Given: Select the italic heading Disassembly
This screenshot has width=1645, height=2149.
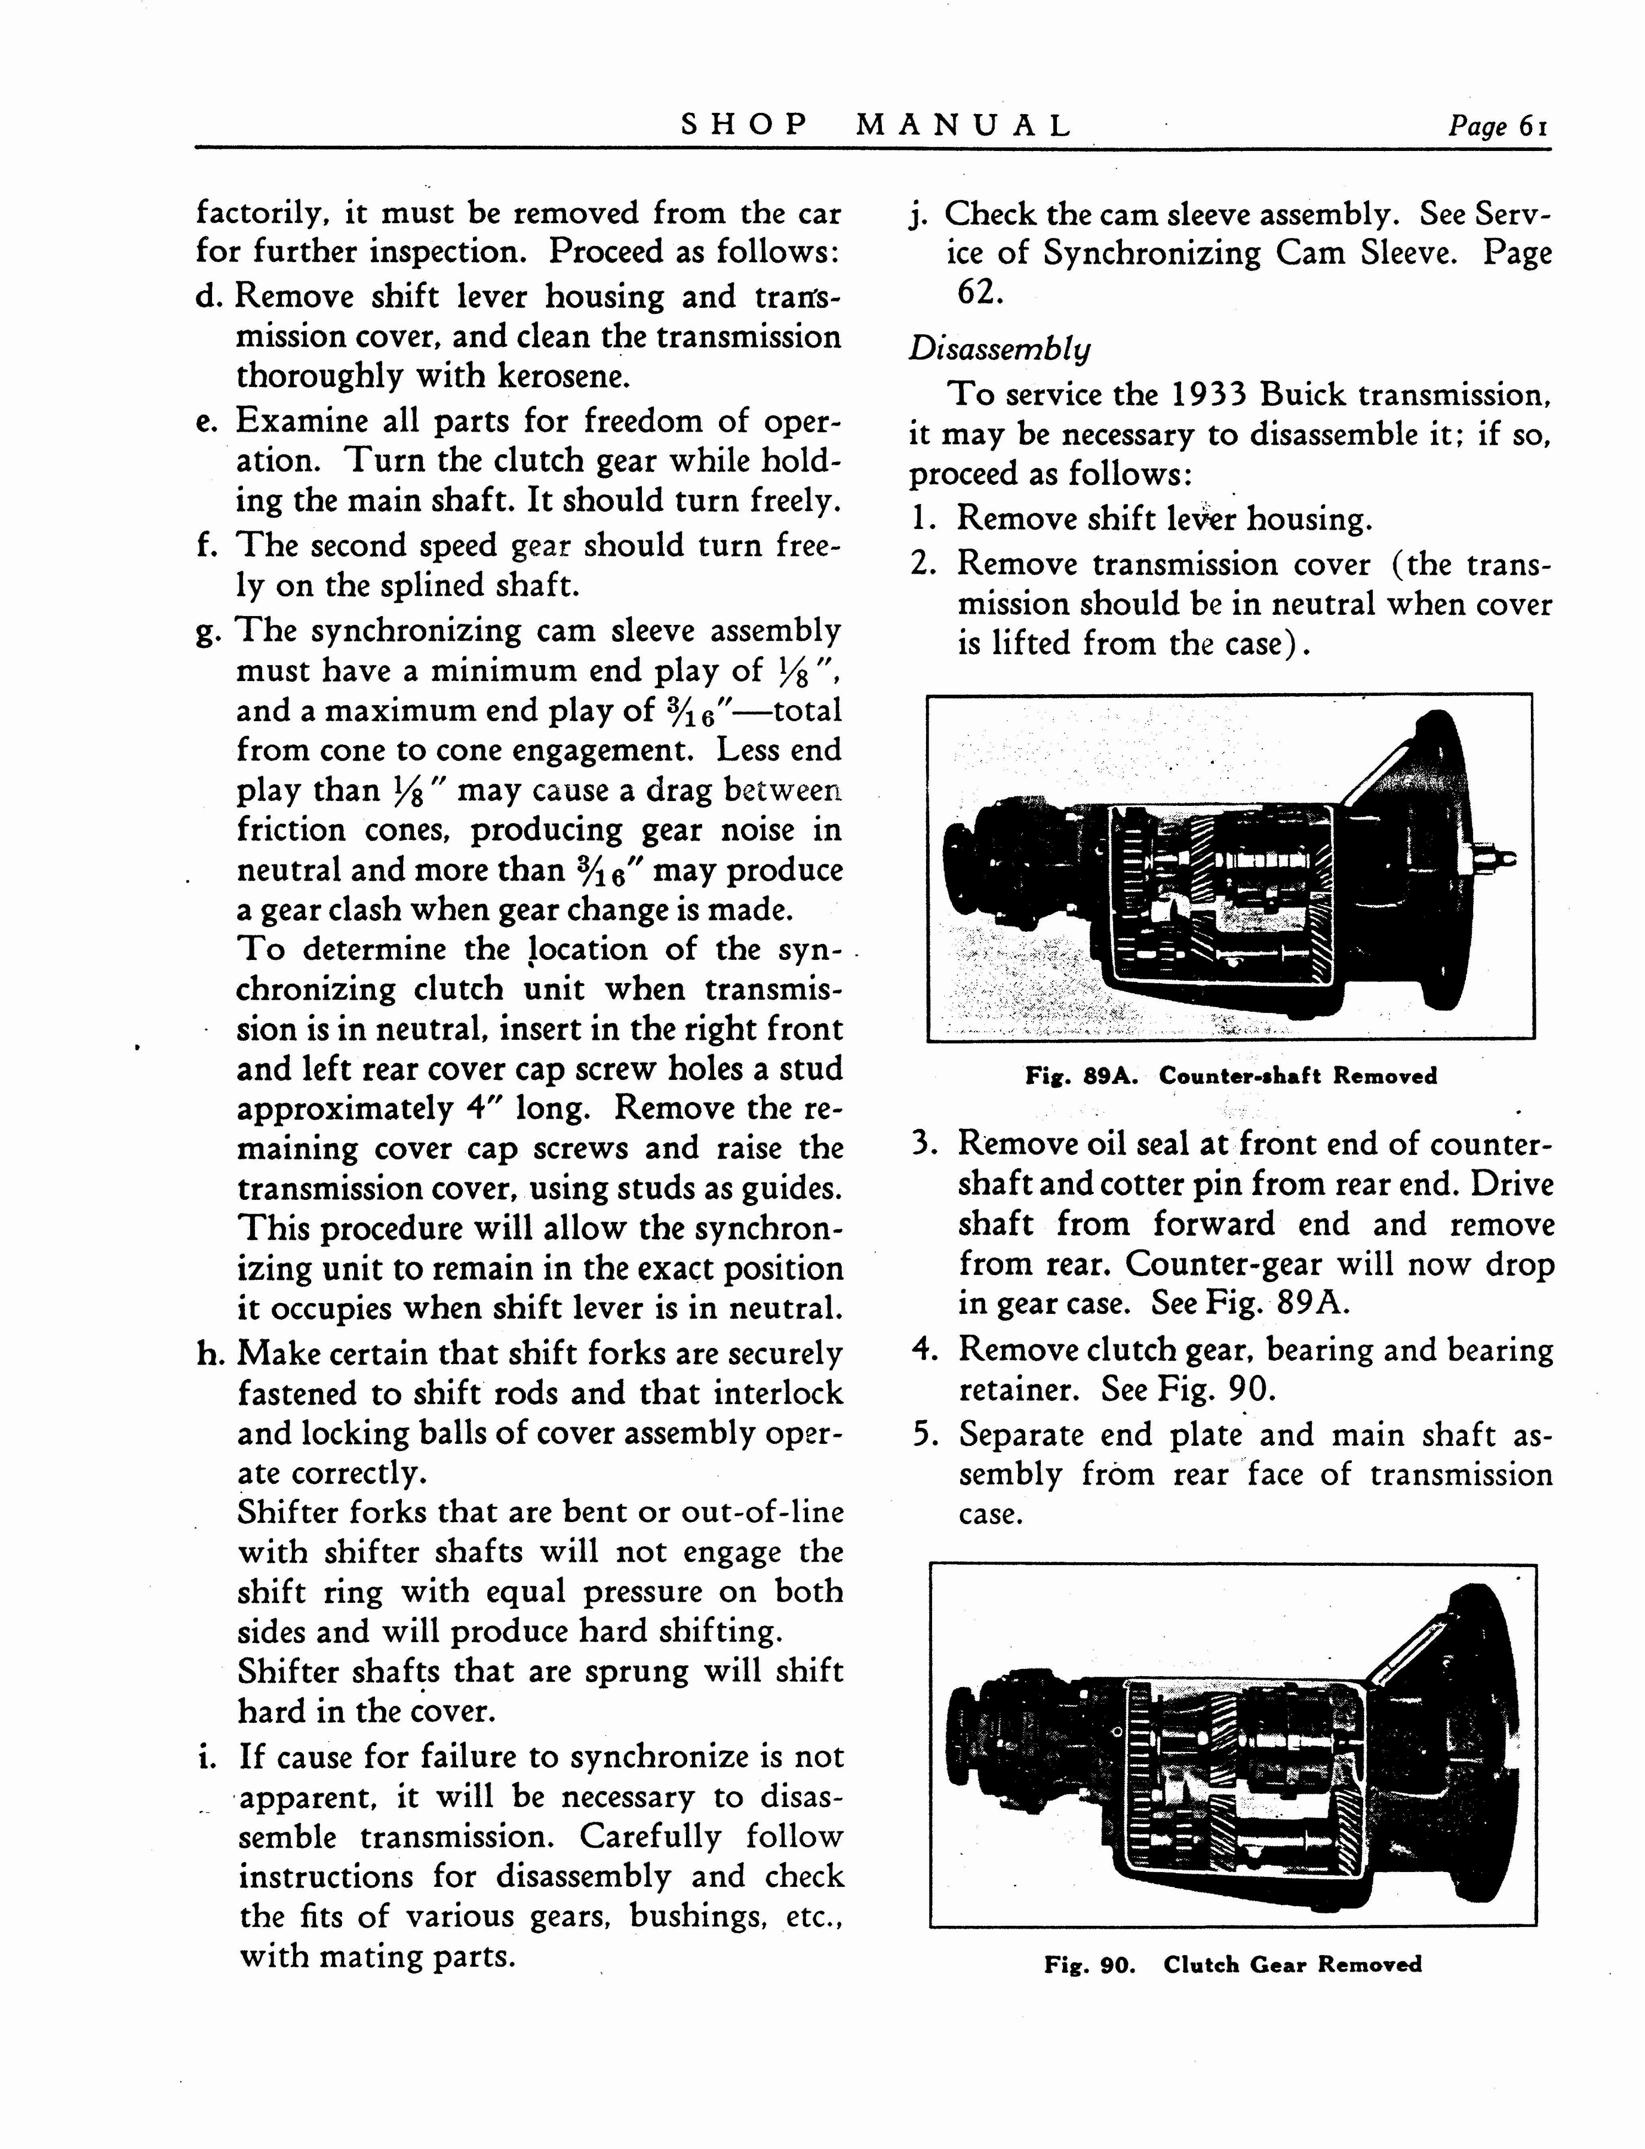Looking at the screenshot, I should point(999,350).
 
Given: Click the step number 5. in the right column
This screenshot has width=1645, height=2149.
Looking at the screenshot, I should point(925,1435).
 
